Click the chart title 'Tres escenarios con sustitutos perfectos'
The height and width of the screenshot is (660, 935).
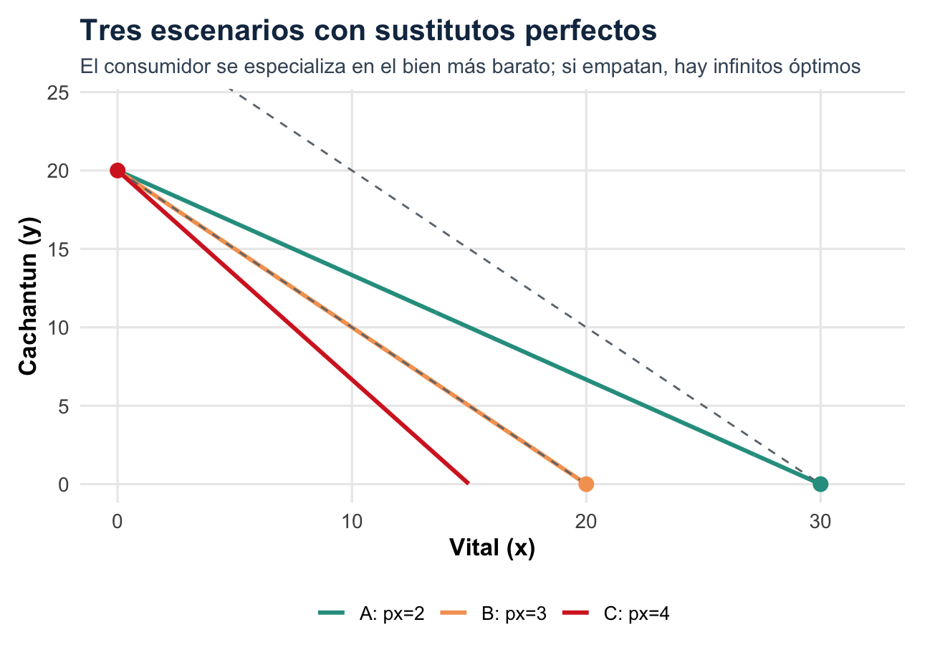(368, 31)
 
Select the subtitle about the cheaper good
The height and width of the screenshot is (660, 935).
(469, 67)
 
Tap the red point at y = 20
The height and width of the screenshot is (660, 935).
(118, 171)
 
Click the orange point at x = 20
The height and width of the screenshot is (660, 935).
(586, 484)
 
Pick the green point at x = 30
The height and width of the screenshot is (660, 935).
(820, 484)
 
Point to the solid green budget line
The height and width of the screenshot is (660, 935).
(469, 327)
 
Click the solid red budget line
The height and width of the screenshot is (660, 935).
(293, 327)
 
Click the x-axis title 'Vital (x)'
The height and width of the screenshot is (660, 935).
(492, 548)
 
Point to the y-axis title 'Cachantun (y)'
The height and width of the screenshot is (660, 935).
(29, 295)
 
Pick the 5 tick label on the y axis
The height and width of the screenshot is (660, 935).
(64, 406)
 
